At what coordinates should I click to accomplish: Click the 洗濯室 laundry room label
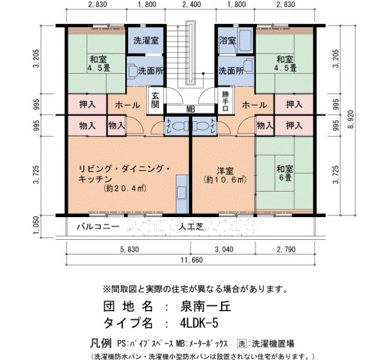pos(146,40)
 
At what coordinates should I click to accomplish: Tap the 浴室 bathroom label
pos(227,40)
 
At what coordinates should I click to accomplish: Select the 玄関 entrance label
pos(155,100)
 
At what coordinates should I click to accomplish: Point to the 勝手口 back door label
pos(225,101)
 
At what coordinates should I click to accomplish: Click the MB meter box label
pos(190,109)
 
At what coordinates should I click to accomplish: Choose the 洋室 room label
pos(225,171)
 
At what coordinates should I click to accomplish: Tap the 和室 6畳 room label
pos(284,173)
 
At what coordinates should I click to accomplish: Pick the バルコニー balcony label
pos(98,227)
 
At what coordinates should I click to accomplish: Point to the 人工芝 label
pos(191,227)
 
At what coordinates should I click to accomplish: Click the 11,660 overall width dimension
pos(192,260)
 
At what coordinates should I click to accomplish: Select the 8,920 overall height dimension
pos(351,120)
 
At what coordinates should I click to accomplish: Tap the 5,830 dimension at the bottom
pos(129,249)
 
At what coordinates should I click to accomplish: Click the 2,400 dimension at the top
pos(192,4)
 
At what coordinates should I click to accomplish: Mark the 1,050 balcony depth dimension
pos(36,225)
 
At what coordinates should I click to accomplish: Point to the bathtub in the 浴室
pos(245,41)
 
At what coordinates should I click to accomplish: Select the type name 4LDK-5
pos(199,323)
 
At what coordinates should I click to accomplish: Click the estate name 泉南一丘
pos(206,307)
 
